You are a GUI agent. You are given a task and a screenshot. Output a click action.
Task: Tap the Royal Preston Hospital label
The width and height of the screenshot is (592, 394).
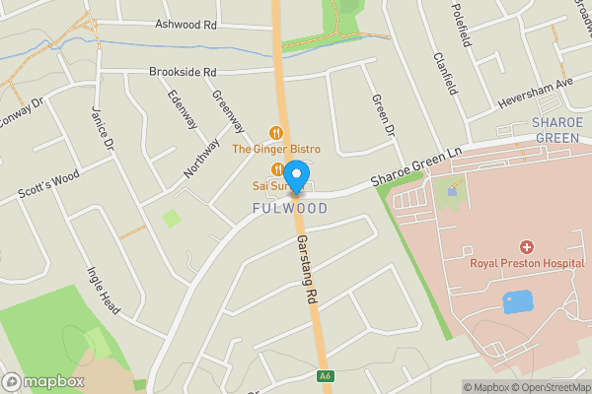click(x=526, y=263)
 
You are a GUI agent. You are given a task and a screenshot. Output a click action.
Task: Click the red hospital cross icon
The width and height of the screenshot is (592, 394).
click(x=527, y=246)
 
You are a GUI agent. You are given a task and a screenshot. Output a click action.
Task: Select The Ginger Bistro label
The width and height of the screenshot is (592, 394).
click(x=276, y=149)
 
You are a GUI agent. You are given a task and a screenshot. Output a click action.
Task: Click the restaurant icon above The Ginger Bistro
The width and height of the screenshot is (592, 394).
click(x=276, y=132)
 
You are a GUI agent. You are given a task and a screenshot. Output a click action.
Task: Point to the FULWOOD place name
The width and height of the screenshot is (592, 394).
click(x=290, y=209)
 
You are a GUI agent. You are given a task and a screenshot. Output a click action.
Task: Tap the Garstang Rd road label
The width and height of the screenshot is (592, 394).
click(x=308, y=269)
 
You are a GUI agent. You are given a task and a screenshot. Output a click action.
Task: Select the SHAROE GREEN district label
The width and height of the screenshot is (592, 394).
click(x=556, y=130)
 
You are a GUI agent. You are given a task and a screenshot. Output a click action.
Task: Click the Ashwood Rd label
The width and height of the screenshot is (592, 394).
click(x=185, y=24)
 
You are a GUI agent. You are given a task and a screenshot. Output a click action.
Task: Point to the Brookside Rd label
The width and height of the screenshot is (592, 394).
click(x=183, y=72)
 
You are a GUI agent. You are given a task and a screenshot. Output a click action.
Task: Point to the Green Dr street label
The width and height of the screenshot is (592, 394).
click(x=382, y=115)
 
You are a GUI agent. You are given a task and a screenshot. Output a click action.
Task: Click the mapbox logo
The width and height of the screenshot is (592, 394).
click(x=44, y=381)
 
